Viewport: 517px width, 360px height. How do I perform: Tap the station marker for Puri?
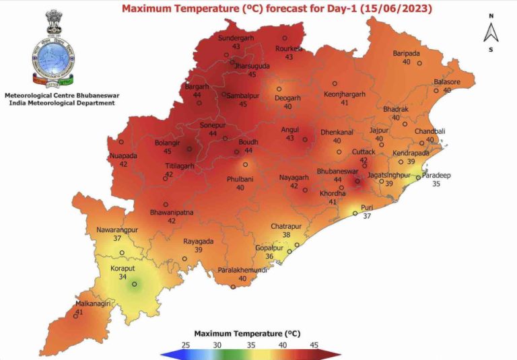click(x=355, y=213)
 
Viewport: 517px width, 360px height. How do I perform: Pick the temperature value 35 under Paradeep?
click(x=436, y=184)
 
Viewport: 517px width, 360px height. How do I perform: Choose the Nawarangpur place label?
click(x=117, y=229)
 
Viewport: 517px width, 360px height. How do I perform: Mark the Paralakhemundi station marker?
click(x=234, y=287)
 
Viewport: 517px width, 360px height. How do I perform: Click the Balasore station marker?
click(x=437, y=90)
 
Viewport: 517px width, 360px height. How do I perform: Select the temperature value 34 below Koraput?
click(x=122, y=276)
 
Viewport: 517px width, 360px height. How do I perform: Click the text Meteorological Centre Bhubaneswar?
click(x=59, y=96)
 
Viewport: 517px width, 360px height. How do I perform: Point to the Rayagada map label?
click(x=199, y=241)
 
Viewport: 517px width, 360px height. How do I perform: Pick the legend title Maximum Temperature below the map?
click(x=246, y=333)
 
